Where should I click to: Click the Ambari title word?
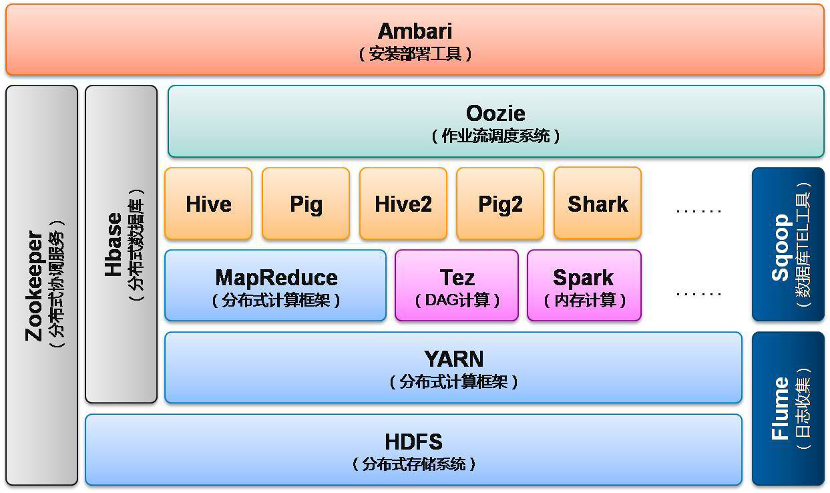click(x=415, y=31)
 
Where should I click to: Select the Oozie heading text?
click(x=495, y=113)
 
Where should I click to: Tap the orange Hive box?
click(x=208, y=203)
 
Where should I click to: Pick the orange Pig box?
click(x=306, y=203)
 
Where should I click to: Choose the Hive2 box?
click(x=403, y=203)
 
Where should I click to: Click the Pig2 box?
click(x=500, y=203)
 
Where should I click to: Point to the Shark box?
click(x=598, y=203)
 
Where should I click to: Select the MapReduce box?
click(x=276, y=285)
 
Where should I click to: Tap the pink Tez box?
click(x=457, y=285)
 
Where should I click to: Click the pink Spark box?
click(x=584, y=285)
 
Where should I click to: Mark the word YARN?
click(x=454, y=359)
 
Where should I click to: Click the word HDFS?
click(x=414, y=442)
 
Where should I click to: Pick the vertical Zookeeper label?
click(x=35, y=286)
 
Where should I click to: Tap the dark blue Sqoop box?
click(x=789, y=244)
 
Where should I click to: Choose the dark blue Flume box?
click(x=789, y=408)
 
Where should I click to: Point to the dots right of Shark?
click(x=698, y=210)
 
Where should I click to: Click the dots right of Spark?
click(x=698, y=293)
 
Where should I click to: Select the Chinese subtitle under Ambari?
click(x=415, y=53)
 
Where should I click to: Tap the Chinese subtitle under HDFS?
click(x=414, y=464)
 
